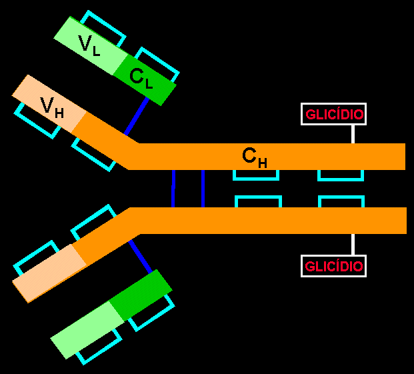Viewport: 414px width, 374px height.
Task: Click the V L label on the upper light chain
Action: tap(89, 45)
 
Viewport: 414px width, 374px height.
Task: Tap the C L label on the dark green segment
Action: tap(141, 79)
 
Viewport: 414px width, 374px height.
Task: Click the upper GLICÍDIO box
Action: tap(335, 114)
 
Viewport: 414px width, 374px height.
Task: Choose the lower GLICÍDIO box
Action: tap(335, 267)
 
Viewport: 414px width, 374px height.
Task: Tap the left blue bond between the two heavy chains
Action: tap(173, 189)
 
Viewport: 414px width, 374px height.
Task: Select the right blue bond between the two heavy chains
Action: tap(203, 189)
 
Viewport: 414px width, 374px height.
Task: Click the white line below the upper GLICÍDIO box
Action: tap(353, 133)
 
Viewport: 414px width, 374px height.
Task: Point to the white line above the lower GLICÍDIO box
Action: tap(353, 244)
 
